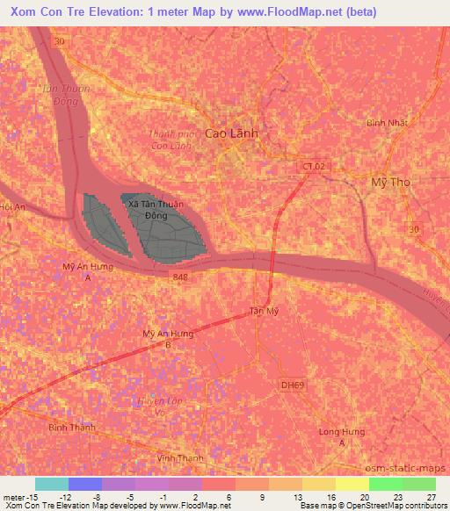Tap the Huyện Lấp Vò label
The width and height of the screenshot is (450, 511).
coord(152,406)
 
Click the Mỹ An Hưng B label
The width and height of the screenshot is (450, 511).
coord(168,339)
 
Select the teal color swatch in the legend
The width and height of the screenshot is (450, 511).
coord(52,484)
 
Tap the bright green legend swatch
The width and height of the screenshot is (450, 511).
coord(385,484)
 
